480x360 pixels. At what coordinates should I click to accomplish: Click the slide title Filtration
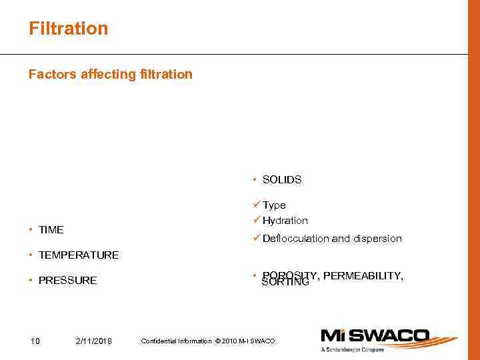tap(68, 29)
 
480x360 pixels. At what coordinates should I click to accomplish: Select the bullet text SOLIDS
tap(282, 180)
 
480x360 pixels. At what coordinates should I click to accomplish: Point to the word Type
tap(274, 205)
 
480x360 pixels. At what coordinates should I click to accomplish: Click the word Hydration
tap(285, 221)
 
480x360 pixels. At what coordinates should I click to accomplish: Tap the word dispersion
tap(377, 239)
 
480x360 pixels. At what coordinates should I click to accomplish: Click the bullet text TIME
tap(51, 230)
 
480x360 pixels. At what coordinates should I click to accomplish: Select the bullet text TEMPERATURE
tap(79, 255)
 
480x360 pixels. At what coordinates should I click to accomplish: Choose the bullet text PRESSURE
tap(68, 281)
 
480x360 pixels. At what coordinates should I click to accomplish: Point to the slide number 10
tap(35, 341)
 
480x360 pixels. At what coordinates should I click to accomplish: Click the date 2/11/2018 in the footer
tap(94, 341)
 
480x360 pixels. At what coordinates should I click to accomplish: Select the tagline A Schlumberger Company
tap(354, 350)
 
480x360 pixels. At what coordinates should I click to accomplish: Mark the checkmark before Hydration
tap(257, 221)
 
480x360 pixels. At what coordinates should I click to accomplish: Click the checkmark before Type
tap(257, 205)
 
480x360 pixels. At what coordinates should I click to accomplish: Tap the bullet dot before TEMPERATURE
tap(31, 255)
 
